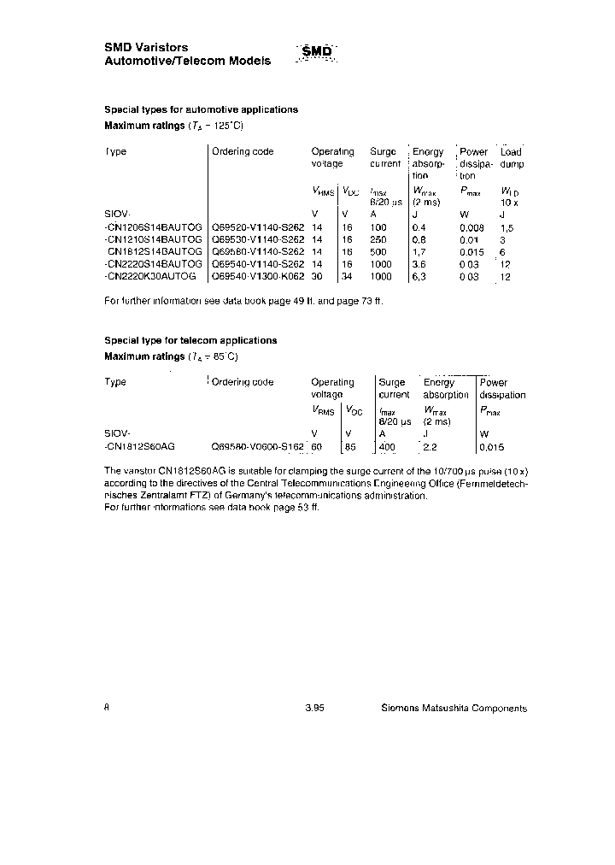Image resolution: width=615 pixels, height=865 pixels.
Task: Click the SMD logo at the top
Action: [317, 53]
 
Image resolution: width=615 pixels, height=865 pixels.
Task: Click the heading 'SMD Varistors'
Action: [146, 47]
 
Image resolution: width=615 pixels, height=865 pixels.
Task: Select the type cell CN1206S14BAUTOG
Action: [153, 228]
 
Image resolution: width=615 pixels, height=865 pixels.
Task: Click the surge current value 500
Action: [378, 252]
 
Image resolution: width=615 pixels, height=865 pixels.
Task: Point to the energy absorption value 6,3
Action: [420, 277]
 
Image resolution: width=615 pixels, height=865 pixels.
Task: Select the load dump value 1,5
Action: [507, 228]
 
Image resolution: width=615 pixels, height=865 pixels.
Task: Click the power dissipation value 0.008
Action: [471, 228]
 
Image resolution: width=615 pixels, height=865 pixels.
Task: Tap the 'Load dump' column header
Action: [512, 157]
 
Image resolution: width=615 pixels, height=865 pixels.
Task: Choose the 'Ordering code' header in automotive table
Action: [243, 151]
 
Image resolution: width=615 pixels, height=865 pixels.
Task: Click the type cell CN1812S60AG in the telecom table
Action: [140, 446]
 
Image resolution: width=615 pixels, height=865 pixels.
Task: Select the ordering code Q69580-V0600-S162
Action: [258, 446]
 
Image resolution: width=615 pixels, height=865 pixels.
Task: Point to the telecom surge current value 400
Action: [388, 446]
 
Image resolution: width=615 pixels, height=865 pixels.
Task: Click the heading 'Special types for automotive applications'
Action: [201, 109]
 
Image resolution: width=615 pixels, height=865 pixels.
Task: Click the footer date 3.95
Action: [314, 708]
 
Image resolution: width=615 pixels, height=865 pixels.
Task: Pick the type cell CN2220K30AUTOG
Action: [149, 277]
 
